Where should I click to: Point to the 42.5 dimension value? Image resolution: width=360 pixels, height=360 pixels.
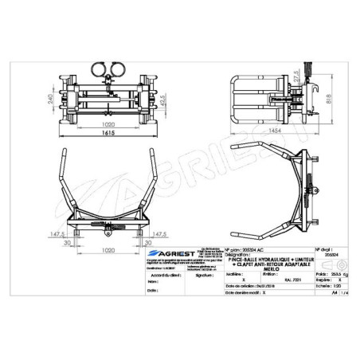[x=162, y=103]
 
